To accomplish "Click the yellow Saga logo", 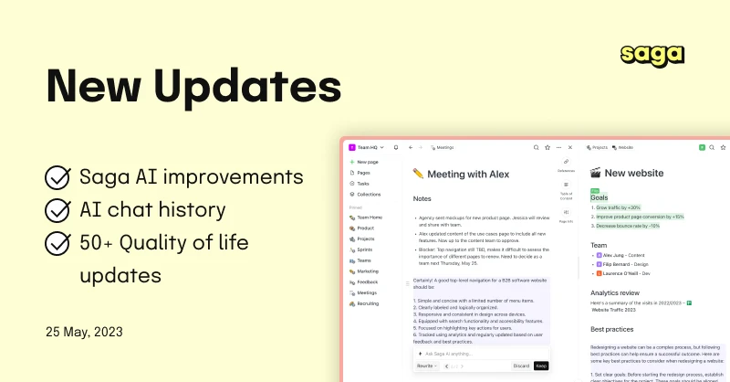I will (652, 54).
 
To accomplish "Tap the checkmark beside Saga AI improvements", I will (58, 176).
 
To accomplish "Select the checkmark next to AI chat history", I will (58, 211).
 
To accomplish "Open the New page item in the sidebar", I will (369, 162).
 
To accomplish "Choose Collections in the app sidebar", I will (369, 194).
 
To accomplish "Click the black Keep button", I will (540, 366).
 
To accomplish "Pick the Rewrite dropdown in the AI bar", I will (426, 366).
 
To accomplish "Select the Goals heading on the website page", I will (600, 197).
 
